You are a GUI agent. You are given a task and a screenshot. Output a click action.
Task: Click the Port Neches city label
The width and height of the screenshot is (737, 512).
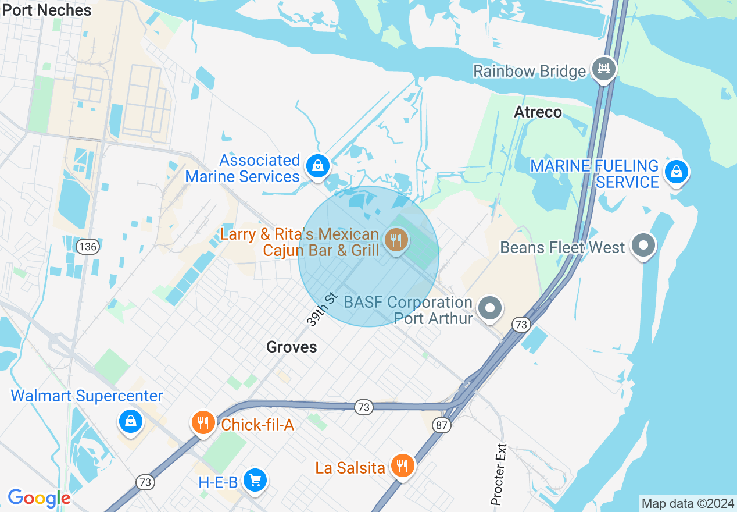47,10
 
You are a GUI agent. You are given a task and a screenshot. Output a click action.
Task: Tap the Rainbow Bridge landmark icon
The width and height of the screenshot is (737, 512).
604,69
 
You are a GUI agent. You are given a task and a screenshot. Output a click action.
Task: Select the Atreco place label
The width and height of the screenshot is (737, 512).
538,112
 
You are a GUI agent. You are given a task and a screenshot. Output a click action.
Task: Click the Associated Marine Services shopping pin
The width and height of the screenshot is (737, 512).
318,166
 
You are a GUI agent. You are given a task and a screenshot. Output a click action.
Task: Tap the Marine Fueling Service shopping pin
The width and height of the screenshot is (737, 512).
676,172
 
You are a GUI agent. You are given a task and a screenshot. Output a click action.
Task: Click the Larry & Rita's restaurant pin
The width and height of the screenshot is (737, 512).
396,239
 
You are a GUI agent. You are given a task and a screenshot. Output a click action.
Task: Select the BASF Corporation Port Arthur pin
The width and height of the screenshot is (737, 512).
490,308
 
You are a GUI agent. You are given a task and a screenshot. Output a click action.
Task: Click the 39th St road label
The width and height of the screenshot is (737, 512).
322,310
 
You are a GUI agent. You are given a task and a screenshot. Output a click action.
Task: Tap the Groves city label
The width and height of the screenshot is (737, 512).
292,347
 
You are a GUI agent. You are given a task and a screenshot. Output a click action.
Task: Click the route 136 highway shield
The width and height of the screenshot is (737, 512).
88,247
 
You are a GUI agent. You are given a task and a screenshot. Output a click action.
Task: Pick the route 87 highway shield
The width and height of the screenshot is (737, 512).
442,425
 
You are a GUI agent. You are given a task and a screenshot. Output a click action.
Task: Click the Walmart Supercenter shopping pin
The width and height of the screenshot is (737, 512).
131,421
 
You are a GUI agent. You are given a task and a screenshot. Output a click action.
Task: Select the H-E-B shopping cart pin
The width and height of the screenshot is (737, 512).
255,480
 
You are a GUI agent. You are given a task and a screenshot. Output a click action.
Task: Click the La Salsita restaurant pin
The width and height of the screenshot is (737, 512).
402,465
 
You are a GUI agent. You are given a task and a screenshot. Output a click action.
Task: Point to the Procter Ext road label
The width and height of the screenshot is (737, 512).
499,475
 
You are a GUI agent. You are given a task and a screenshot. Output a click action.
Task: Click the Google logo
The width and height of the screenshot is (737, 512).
39,498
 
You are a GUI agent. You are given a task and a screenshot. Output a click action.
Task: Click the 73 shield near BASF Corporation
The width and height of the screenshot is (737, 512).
521,324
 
